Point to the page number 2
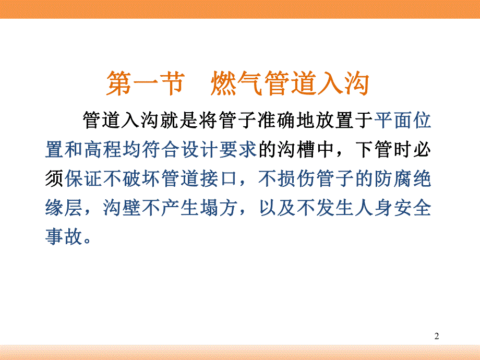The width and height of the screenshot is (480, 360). (437, 337)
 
